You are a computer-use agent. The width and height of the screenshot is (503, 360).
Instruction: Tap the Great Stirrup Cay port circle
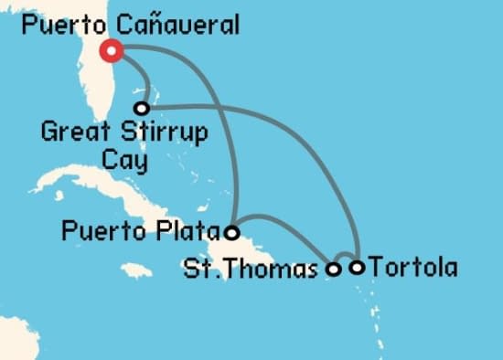point(141,108)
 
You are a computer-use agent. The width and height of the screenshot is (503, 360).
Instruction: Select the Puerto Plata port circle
point(233,232)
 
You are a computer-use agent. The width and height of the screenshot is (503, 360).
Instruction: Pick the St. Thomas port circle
point(334,269)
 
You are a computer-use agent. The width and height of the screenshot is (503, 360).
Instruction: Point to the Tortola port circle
point(358,268)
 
